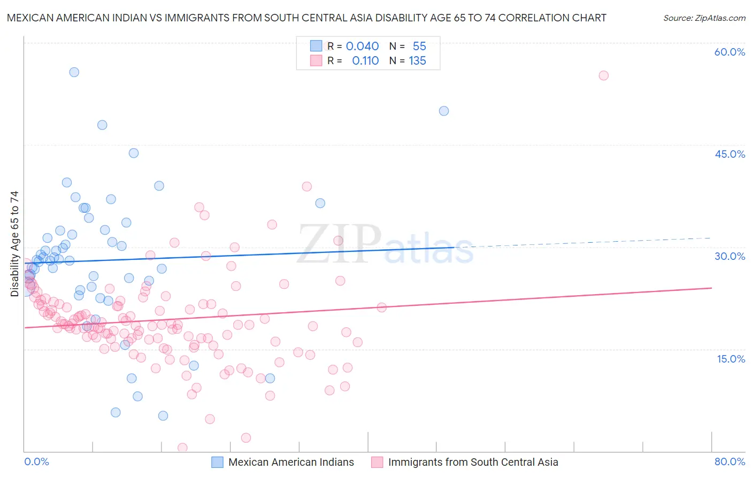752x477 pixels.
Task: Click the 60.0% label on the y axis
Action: (x=730, y=52)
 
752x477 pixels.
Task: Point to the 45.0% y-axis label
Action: (x=730, y=154)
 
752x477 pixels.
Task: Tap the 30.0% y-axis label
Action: (x=730, y=256)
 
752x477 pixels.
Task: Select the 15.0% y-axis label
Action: (x=731, y=359)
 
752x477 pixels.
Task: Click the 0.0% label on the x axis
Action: (x=36, y=461)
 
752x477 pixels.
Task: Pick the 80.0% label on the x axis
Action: (x=730, y=461)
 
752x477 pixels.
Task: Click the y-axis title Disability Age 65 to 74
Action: (x=14, y=243)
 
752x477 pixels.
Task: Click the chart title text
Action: (x=306, y=18)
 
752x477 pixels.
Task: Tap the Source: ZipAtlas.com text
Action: (x=704, y=18)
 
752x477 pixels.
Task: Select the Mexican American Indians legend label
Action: (x=291, y=462)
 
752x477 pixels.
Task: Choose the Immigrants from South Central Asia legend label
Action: (x=473, y=462)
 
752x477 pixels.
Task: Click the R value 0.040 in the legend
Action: (x=362, y=47)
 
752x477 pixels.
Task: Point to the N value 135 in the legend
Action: (x=417, y=61)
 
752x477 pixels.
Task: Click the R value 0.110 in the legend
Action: (x=365, y=61)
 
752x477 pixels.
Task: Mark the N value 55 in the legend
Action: (x=419, y=47)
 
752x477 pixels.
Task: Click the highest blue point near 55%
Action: (x=74, y=72)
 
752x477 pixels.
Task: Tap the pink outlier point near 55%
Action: (x=603, y=75)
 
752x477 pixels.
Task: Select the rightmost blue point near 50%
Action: (x=444, y=111)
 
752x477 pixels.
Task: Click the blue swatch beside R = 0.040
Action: (x=316, y=46)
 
